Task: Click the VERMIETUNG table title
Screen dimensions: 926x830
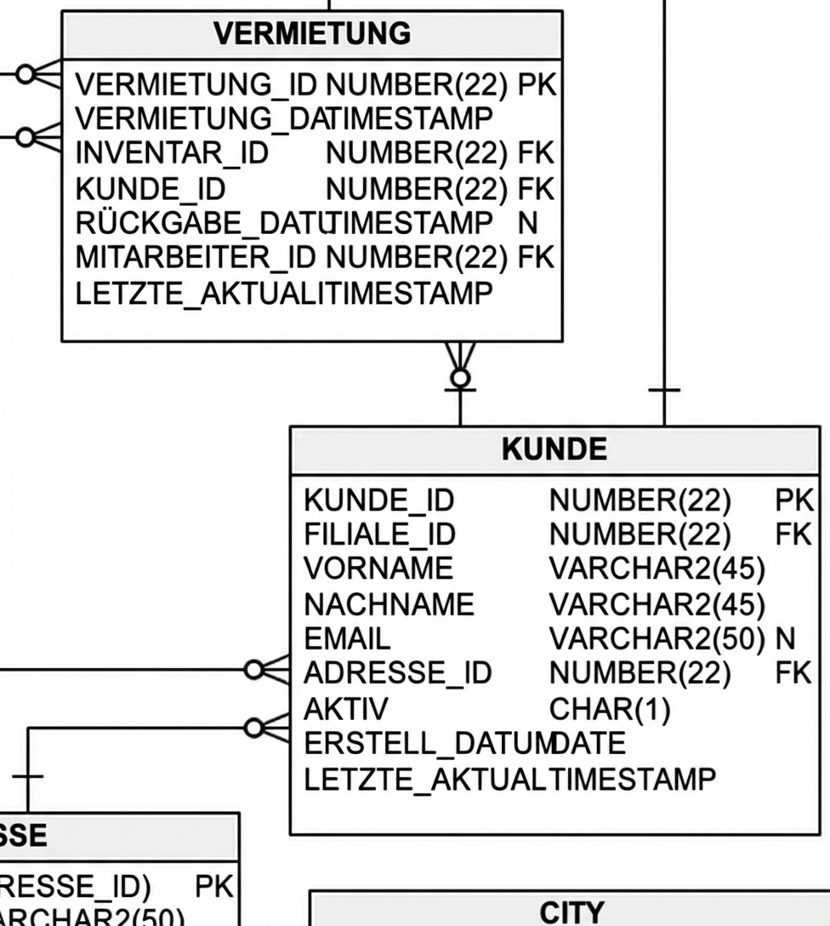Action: [311, 35]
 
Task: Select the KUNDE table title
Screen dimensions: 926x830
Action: [554, 449]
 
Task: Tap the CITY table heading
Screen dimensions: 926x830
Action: [571, 912]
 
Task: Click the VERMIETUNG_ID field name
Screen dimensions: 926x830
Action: [196, 85]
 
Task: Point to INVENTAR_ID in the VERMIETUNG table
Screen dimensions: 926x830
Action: [172, 154]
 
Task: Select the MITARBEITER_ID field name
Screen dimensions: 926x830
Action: [196, 256]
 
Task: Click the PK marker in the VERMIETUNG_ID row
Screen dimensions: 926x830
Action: [536, 85]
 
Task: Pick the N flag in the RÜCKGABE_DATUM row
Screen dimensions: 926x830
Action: [527, 223]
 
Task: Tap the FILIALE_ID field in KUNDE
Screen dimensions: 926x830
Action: [379, 534]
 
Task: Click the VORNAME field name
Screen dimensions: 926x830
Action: [378, 569]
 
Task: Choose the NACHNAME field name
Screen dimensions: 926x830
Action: [389, 604]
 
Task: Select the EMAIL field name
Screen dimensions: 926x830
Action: [347, 638]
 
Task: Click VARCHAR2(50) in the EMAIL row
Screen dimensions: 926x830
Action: [657, 638]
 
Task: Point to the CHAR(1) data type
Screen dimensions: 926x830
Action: [610, 709]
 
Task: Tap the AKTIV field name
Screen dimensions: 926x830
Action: [345, 709]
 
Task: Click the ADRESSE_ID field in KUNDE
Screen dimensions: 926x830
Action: [397, 673]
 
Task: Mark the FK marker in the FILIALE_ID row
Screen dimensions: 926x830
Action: [793, 534]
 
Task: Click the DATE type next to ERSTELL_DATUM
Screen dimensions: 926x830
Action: [588, 744]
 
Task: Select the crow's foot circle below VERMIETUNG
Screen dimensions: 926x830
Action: [460, 377]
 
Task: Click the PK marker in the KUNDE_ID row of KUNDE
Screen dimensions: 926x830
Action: [793, 500]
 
